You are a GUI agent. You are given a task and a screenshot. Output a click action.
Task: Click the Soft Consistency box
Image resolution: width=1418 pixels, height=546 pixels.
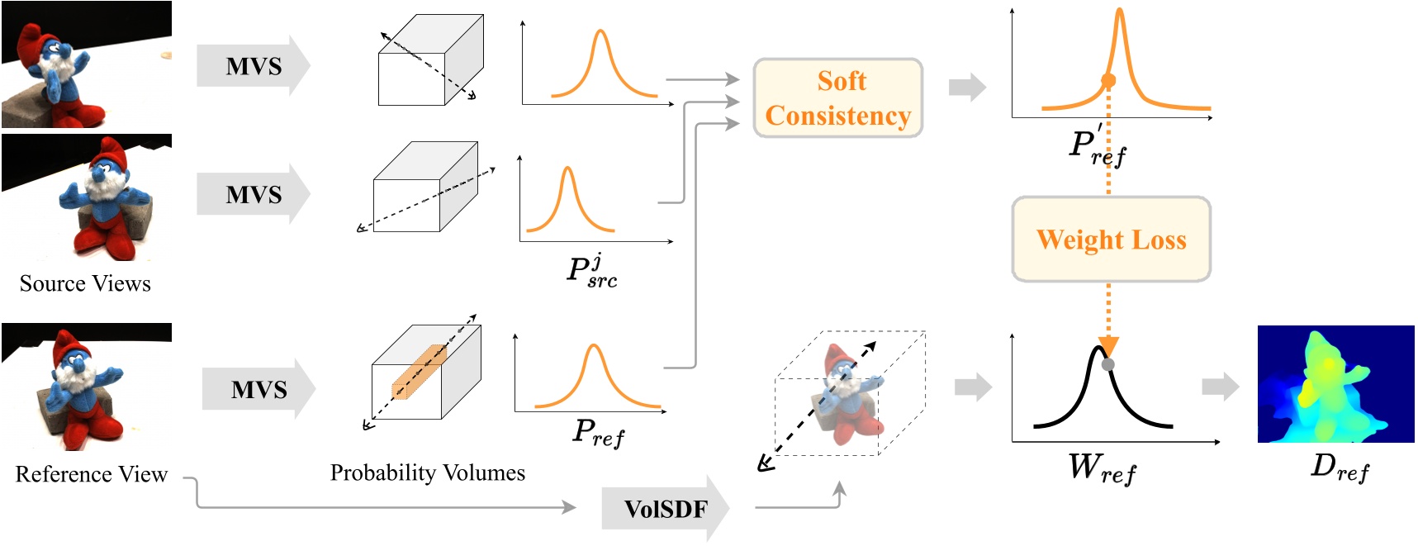(x=837, y=98)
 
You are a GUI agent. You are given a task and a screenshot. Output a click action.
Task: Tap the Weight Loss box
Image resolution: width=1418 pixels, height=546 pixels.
(x=1111, y=240)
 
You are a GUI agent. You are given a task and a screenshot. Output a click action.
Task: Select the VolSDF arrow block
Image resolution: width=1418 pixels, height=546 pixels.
(x=665, y=509)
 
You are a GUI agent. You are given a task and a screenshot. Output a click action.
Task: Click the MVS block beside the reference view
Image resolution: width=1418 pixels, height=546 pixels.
(x=258, y=389)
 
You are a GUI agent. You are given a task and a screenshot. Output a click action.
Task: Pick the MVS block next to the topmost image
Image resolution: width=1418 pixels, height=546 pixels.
(x=253, y=66)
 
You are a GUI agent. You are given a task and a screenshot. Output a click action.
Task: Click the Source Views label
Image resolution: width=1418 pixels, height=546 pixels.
(x=85, y=283)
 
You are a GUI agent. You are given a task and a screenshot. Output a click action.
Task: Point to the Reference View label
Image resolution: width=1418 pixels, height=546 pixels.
(x=91, y=474)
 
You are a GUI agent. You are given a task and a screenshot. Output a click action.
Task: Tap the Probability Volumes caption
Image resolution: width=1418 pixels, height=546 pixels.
(x=427, y=472)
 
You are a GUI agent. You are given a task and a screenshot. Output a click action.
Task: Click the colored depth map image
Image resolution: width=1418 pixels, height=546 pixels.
(x=1335, y=384)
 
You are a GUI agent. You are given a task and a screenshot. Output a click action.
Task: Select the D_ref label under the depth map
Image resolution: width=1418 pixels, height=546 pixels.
(x=1340, y=468)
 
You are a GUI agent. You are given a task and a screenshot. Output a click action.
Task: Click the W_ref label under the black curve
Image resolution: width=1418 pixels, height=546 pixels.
(x=1102, y=468)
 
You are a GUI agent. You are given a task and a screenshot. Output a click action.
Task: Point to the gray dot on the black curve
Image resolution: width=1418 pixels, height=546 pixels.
(x=1108, y=364)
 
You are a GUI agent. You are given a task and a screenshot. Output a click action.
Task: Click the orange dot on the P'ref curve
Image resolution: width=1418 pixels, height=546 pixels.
(x=1108, y=80)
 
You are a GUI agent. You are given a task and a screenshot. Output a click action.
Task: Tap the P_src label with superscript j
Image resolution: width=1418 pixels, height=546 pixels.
(x=592, y=271)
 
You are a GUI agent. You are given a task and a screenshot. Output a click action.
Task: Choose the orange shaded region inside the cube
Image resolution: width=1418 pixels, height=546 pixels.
(x=419, y=373)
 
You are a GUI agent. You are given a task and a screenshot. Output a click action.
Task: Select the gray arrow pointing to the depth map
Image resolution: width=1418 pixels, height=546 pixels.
(x=1220, y=386)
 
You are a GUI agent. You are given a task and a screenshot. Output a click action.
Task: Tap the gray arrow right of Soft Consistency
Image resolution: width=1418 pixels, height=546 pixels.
(x=967, y=87)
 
